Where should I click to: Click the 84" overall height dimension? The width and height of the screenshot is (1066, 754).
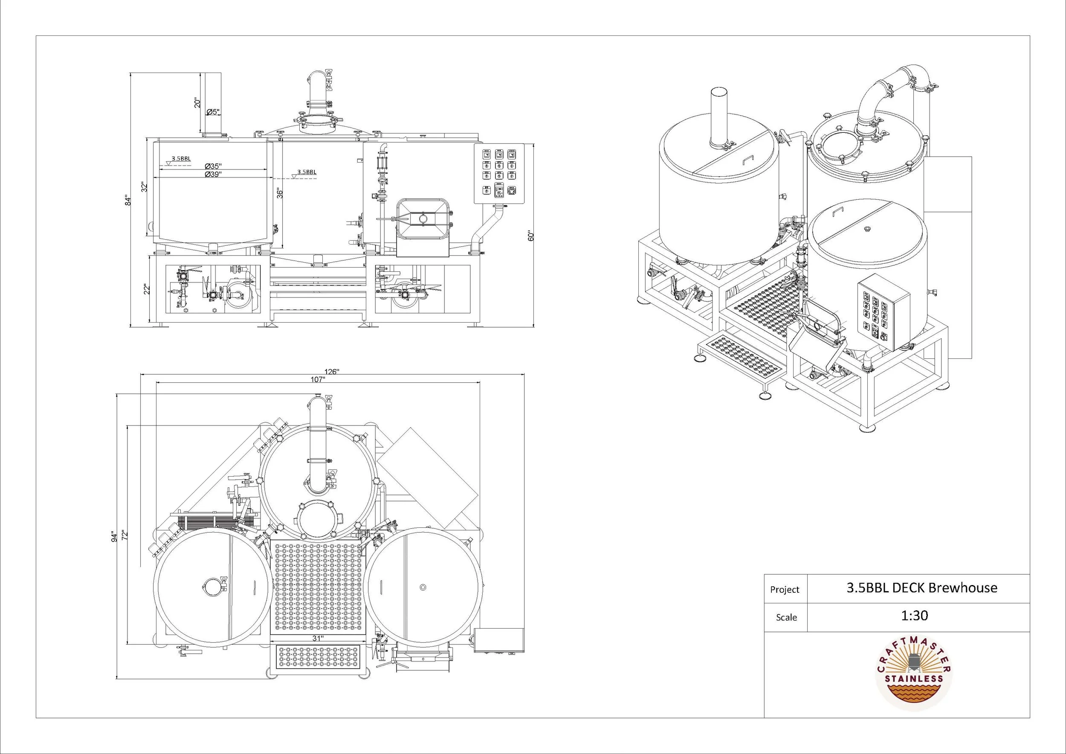point(128,201)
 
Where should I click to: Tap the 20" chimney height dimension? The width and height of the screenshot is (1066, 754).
point(198,103)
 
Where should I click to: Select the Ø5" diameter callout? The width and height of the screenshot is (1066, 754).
point(214,112)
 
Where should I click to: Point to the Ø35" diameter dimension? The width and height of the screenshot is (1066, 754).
point(214,166)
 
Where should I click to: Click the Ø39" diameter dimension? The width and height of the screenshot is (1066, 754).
point(214,174)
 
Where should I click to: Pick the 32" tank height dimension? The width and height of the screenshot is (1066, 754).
point(145,187)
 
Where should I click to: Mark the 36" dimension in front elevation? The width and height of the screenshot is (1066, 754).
point(279,193)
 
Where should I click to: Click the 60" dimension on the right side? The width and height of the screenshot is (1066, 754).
point(531,236)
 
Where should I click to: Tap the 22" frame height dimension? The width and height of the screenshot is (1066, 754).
point(147,289)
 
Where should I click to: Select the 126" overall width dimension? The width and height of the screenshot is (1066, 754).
point(331,372)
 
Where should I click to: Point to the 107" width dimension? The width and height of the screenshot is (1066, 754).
point(318,379)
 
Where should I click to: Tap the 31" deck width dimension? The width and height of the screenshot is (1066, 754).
point(318,638)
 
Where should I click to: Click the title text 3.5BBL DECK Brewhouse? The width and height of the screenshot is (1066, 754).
point(921,588)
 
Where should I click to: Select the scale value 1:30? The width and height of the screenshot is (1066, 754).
point(915,616)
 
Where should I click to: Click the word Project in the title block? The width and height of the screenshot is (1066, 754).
point(785,590)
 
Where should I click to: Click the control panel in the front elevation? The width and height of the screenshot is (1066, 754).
point(499,174)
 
